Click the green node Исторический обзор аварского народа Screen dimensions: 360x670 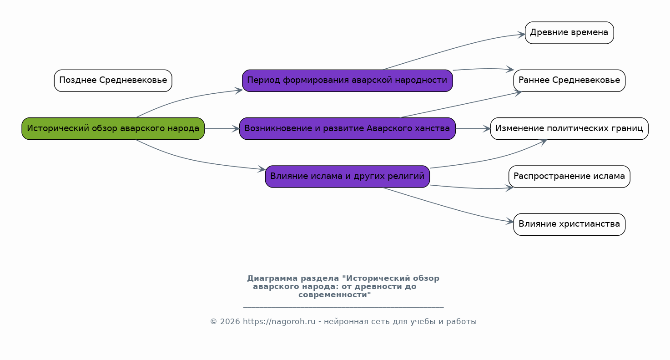click(113, 129)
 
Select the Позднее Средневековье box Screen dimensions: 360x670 click(113, 81)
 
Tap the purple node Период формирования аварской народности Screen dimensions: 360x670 click(347, 81)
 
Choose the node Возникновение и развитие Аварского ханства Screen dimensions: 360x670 click(347, 129)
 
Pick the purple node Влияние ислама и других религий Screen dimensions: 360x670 click(347, 177)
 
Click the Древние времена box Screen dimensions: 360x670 click(569, 33)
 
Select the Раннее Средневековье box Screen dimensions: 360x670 click(569, 81)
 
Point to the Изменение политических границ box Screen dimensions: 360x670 click(569, 129)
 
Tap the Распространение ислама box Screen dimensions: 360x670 click(569, 177)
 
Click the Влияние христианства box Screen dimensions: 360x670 click(569, 224)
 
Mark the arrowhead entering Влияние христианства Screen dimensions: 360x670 click(510, 222)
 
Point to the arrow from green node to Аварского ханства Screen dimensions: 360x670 click(222, 129)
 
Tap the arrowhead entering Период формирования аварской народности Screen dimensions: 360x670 click(239, 90)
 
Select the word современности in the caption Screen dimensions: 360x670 click(334, 295)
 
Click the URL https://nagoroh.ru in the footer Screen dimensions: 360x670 click(279, 322)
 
